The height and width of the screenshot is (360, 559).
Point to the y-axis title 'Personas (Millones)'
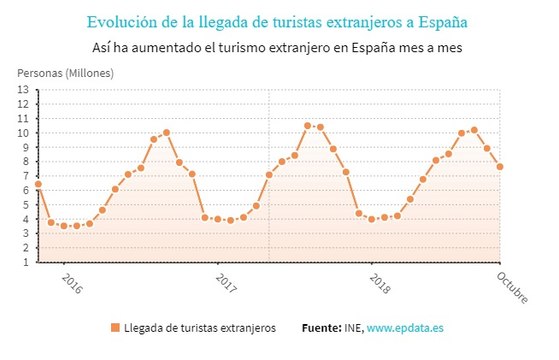coord(65,73)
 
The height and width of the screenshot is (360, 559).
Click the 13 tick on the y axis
coord(23,89)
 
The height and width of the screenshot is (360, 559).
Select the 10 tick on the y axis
coord(23,132)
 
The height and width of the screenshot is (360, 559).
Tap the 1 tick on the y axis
coord(26,262)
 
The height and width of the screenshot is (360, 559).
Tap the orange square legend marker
coord(115,328)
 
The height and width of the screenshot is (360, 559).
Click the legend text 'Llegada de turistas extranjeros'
coord(199,328)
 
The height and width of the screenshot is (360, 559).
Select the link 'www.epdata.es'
coord(405,328)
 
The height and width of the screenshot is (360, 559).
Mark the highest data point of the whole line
coord(308,125)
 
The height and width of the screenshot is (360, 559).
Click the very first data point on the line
coord(38,184)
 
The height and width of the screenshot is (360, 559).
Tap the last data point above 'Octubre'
coord(500,166)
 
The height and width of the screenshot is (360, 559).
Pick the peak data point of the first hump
coord(166,132)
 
